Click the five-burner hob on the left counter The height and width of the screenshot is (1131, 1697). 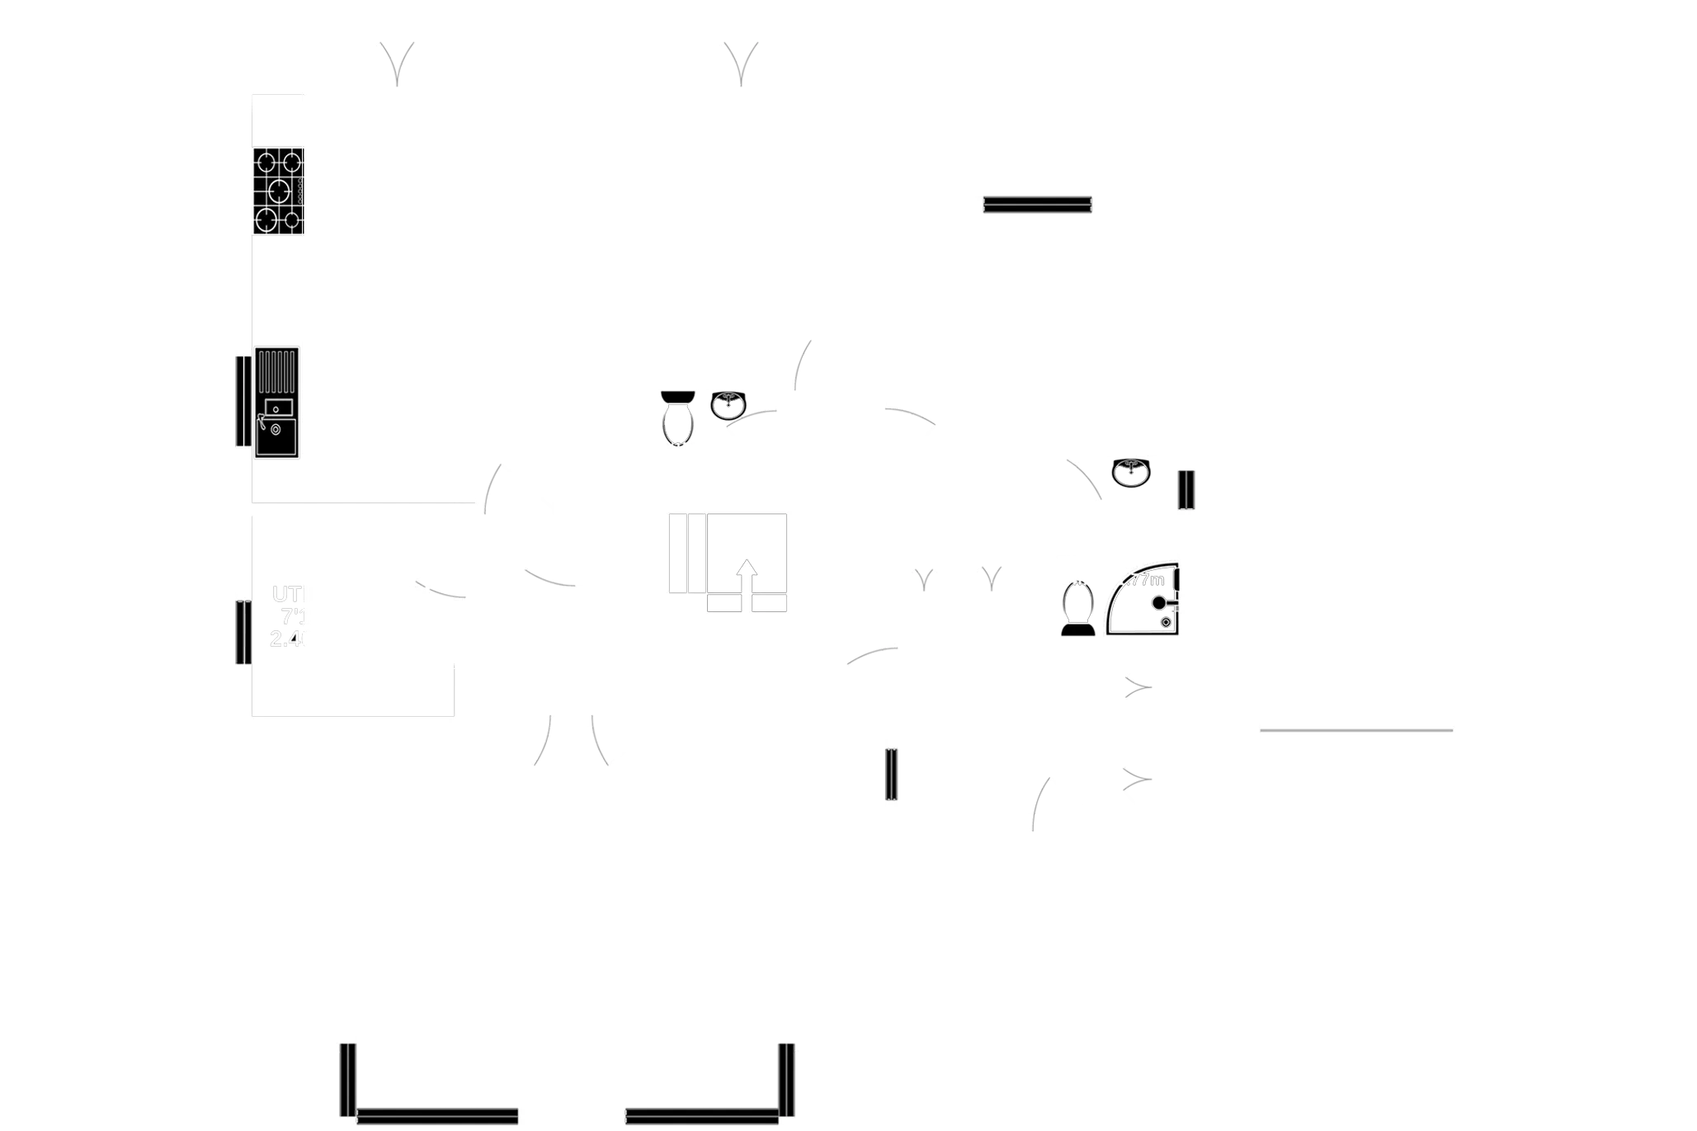click(279, 191)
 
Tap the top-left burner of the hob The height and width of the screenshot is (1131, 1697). click(266, 160)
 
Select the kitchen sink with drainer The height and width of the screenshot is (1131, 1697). click(278, 403)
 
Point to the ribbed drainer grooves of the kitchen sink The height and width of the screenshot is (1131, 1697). click(278, 371)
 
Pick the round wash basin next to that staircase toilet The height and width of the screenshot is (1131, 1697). click(728, 406)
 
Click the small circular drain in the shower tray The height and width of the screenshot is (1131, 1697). click(1166, 623)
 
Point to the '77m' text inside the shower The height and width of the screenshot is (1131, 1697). click(1148, 580)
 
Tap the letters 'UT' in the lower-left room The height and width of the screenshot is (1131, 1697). click(286, 594)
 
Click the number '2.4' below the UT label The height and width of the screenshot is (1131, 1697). click(286, 638)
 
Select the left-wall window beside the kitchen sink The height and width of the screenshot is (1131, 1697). click(241, 402)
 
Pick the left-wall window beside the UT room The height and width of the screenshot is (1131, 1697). click(241, 633)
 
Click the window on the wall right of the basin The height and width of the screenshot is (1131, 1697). click(1186, 490)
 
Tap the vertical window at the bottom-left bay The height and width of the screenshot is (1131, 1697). click(350, 1079)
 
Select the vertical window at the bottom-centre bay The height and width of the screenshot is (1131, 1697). click(786, 1086)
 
